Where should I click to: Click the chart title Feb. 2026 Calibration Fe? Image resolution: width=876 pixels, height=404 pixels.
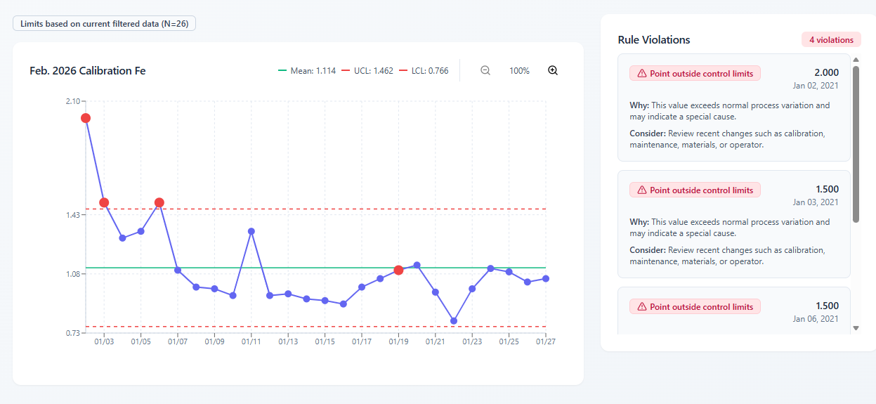coord(87,71)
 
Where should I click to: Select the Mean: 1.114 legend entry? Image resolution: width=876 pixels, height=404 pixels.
coord(308,71)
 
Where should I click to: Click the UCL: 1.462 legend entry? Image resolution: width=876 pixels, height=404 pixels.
coord(367,71)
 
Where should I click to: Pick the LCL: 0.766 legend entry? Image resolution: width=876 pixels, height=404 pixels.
coord(424,71)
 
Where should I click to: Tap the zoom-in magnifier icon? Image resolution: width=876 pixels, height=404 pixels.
coord(553,70)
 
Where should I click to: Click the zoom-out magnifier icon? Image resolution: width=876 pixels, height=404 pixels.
coord(485,70)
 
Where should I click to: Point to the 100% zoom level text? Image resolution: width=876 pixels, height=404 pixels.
coord(519,71)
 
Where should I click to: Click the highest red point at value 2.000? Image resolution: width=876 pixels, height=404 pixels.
coord(86,118)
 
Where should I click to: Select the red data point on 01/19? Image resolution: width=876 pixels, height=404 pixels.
coord(398,270)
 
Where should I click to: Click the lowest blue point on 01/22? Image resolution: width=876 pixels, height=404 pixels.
coord(454,320)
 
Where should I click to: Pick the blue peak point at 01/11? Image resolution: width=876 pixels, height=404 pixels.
coord(251,231)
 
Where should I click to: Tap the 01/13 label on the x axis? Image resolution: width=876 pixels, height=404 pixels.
coord(288,342)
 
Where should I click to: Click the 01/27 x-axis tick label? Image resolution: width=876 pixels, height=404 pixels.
coord(546,342)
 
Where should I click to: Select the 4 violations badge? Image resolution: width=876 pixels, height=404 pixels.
coord(831,40)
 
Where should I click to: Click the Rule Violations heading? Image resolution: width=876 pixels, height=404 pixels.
coord(653,40)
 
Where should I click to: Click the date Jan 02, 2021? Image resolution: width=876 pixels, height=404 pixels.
coord(816,86)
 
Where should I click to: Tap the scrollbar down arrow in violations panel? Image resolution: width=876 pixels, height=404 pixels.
coord(856,328)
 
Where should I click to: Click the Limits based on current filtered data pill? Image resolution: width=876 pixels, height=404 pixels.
coord(104,24)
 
